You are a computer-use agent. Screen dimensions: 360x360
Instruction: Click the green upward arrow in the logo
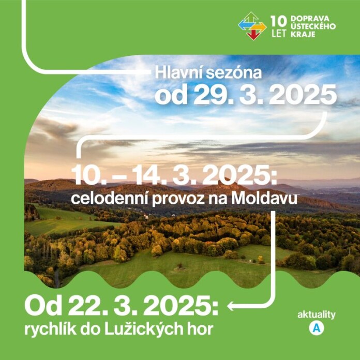click(251, 18)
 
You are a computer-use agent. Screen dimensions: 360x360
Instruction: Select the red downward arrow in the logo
click(253, 35)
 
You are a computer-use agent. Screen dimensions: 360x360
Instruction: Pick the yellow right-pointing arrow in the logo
click(260, 27)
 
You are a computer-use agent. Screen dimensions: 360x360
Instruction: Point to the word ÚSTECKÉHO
click(313, 26)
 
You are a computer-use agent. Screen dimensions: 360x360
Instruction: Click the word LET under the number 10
click(279, 34)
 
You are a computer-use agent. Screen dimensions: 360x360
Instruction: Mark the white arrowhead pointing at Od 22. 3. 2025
click(230, 306)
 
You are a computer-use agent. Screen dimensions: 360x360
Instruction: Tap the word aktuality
click(317, 315)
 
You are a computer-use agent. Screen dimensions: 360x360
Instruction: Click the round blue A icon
click(317, 328)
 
